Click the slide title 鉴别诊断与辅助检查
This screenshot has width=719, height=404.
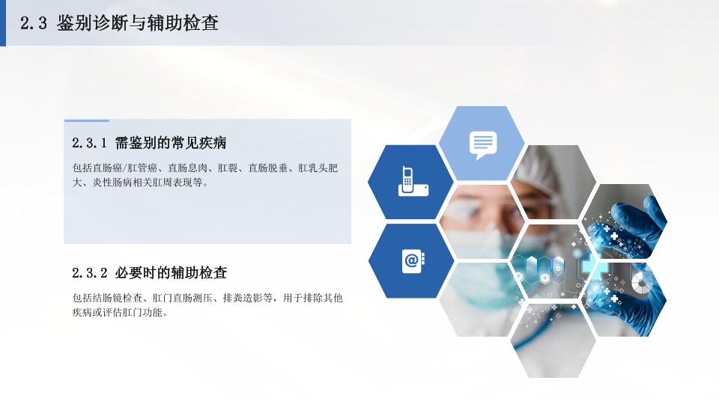pyautogui.click(x=138, y=23)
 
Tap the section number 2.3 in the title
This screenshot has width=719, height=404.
pyautogui.click(x=34, y=23)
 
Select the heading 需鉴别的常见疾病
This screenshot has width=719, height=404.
pyautogui.click(x=171, y=143)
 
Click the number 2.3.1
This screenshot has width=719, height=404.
pyautogui.click(x=89, y=143)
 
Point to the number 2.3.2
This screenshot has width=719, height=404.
pyautogui.click(x=89, y=273)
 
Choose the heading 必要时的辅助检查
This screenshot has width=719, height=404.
pyautogui.click(x=171, y=273)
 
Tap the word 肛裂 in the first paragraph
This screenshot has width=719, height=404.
pyautogui.click(x=228, y=168)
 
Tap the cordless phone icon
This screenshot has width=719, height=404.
pyautogui.click(x=413, y=181)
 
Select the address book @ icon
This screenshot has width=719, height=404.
pyautogui.click(x=413, y=262)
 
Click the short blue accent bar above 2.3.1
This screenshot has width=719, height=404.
pyautogui.click(x=87, y=120)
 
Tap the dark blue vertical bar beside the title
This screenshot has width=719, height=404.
pyautogui.click(x=3, y=23)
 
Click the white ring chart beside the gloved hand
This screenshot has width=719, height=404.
pyautogui.click(x=641, y=283)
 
